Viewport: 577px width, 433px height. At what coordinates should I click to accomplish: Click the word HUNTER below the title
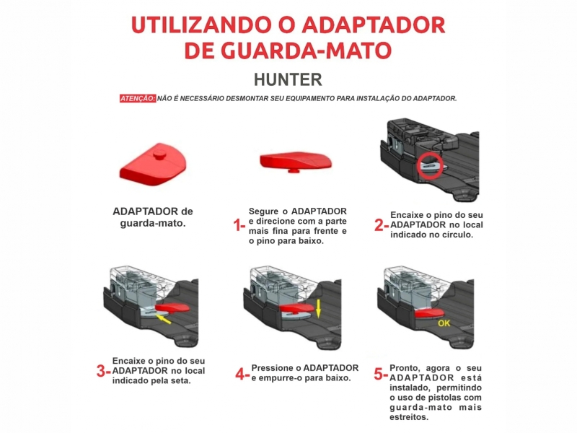[x=288, y=79]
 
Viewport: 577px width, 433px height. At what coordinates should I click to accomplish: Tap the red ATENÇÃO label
[x=138, y=98]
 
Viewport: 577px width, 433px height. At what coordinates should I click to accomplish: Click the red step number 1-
[x=239, y=224]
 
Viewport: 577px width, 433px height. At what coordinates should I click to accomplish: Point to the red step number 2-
[x=382, y=225]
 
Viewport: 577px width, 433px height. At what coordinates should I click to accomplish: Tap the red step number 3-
[x=103, y=371]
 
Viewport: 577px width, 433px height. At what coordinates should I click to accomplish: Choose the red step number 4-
[x=242, y=374]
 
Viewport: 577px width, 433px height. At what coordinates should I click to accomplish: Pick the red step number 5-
[x=381, y=374]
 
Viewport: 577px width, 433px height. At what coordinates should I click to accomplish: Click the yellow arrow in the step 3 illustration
[x=163, y=318]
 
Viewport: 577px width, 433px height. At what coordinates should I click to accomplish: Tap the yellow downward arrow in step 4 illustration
[x=318, y=309]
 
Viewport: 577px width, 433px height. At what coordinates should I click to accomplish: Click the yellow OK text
[x=444, y=323]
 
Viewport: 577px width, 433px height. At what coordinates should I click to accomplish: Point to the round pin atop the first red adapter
[x=159, y=154]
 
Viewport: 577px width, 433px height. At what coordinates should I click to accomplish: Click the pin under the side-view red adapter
[x=294, y=170]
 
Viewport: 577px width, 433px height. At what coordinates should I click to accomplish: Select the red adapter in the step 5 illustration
[x=428, y=313]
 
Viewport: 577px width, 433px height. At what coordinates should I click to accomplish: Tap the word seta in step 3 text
[x=181, y=381]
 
